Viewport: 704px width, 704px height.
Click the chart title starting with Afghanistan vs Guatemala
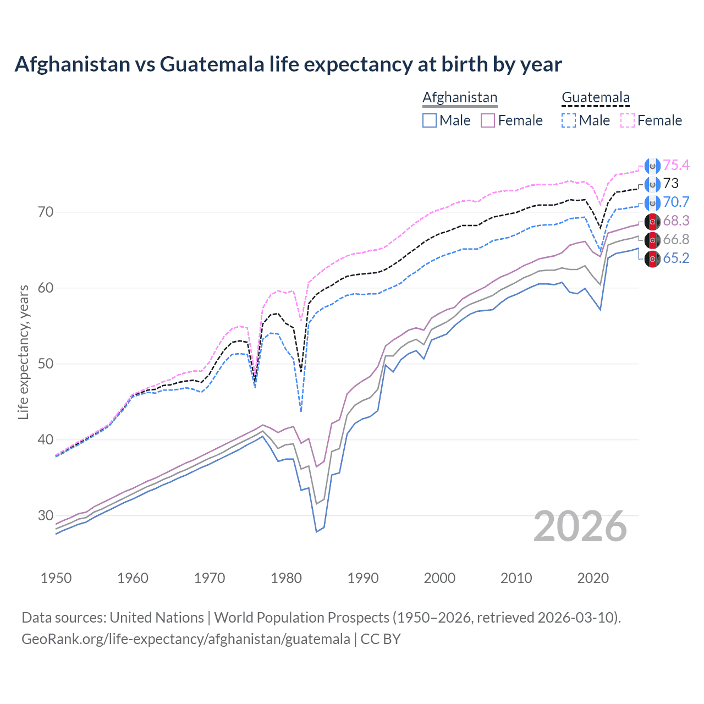288,64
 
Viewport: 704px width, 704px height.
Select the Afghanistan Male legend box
430,120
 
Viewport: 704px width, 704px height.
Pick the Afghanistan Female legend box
488,120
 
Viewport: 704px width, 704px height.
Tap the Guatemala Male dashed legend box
569,120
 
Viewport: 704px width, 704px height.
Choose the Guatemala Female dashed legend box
628,120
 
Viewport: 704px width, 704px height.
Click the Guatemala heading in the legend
596,97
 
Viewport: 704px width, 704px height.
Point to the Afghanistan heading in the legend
460,97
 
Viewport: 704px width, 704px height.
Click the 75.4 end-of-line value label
676,165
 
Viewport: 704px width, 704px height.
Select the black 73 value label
670,183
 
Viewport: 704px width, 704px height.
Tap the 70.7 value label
676,202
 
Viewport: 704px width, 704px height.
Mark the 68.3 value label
676,221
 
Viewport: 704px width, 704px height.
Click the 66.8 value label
676,239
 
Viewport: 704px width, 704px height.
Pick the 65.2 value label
676,258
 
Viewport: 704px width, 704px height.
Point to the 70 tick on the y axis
46,212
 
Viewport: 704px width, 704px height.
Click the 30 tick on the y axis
46,515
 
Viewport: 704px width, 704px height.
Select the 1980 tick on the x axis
286,578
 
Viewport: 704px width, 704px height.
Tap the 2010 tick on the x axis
516,578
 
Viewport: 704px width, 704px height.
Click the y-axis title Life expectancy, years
23,352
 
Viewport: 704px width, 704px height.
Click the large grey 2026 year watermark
580,526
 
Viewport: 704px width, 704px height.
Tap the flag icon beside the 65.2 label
652,258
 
